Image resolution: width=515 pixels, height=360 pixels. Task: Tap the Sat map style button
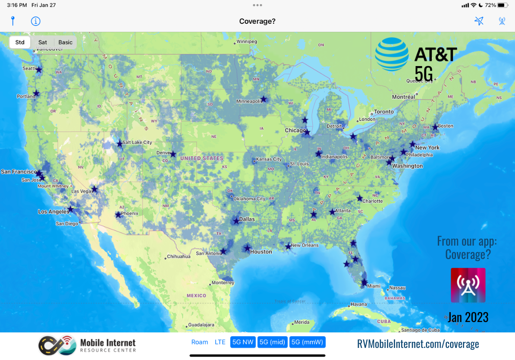tap(43, 42)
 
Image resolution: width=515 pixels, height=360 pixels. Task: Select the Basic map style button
tap(66, 42)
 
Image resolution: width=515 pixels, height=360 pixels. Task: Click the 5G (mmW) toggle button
tap(308, 342)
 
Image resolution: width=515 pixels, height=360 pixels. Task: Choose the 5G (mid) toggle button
tap(272, 342)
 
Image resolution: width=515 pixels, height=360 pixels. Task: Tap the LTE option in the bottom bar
tap(220, 342)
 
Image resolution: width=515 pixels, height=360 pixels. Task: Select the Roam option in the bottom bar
tap(200, 342)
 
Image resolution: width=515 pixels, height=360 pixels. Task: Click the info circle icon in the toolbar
tap(35, 21)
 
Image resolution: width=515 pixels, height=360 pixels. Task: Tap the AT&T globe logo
tap(392, 54)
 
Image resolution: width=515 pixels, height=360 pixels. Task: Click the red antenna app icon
tap(468, 285)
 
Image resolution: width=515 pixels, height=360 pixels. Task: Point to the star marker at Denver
tap(173, 154)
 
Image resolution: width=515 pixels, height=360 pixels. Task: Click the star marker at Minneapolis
tap(264, 99)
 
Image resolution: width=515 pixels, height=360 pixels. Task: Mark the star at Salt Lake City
tap(119, 143)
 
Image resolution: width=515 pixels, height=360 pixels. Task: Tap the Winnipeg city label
tap(247, 42)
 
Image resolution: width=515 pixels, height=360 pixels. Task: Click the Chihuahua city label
tap(179, 256)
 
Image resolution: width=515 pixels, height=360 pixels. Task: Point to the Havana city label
tap(358, 304)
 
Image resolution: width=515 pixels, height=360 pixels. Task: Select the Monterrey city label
tap(223, 283)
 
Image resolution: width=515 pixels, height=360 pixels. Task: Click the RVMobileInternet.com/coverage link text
tap(418, 344)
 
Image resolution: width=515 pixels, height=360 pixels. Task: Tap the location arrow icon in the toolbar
tap(479, 21)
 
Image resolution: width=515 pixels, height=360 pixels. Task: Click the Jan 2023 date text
tap(468, 318)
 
